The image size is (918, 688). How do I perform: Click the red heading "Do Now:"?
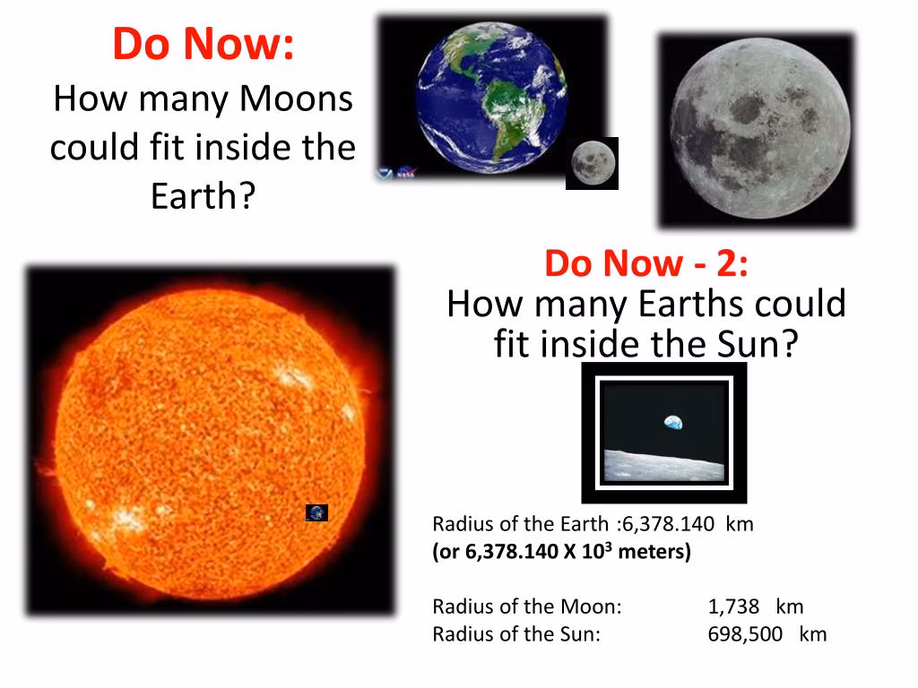(204, 45)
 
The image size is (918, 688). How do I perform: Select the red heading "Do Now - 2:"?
(645, 263)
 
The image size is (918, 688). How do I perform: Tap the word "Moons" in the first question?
(298, 99)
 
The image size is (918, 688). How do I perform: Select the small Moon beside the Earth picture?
(591, 163)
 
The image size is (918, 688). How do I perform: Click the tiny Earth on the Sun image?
(316, 512)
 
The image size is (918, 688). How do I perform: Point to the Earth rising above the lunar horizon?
(672, 422)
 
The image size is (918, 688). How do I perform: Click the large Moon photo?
(757, 130)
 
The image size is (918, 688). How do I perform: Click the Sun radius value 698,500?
(746, 634)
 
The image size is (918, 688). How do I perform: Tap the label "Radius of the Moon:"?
(526, 606)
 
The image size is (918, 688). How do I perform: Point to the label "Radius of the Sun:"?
(515, 634)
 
